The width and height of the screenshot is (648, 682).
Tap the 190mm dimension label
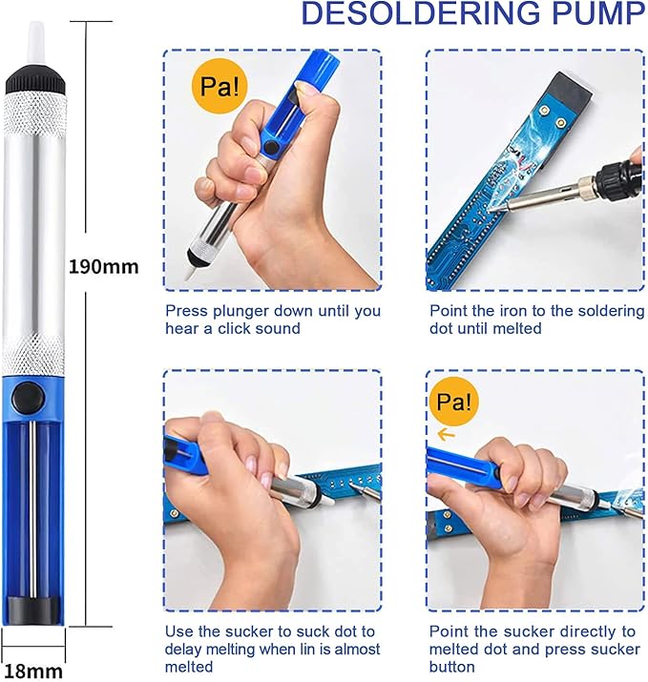(103, 266)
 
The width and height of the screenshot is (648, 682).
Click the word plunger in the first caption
(241, 311)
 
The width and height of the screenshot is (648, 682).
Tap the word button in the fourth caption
(452, 667)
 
